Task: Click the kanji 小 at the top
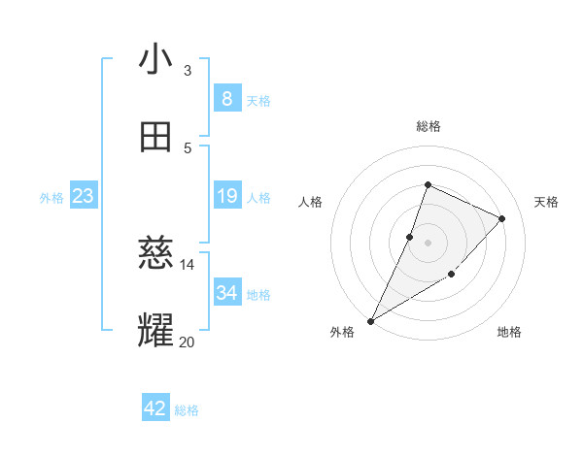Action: coord(156,60)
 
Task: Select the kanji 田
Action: coord(156,138)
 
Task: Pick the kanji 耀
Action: coord(156,331)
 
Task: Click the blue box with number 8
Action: coord(226,98)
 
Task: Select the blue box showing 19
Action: coord(226,196)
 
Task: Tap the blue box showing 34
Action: coord(226,292)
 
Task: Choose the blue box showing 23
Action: coord(83,196)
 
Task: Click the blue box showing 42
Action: coord(155,408)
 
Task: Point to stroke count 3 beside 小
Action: coord(188,71)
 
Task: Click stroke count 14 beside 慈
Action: coord(188,264)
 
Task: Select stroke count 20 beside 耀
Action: coord(188,342)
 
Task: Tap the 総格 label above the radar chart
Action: coord(428,126)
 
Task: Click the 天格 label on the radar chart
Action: coord(547,202)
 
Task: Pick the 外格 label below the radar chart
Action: coord(342,332)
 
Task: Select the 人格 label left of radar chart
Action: coord(310,202)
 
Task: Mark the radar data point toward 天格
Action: coord(502,218)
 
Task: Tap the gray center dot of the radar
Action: coord(428,243)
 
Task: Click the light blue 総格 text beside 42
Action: coord(187,410)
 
